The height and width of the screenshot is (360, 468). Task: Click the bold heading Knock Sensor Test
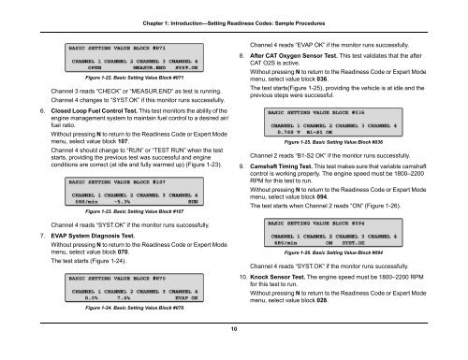tap(285, 306)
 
